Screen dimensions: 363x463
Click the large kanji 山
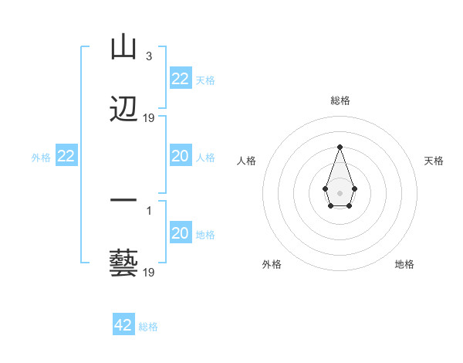(x=124, y=48)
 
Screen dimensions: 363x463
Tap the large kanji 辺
(x=124, y=110)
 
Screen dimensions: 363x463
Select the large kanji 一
(x=124, y=201)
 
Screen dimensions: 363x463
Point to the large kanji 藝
(x=124, y=263)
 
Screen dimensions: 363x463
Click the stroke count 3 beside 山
(x=148, y=56)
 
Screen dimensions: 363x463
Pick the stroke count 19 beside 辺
(x=149, y=118)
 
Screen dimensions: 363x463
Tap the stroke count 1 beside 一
(x=149, y=210)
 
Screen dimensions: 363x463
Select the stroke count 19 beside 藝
(x=149, y=272)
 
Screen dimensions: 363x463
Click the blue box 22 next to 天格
(x=180, y=79)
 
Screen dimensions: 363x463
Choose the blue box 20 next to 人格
(x=180, y=156)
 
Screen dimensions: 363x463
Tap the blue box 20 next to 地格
(x=180, y=233)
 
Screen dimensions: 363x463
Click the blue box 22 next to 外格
(x=66, y=156)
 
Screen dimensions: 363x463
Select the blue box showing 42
(x=123, y=325)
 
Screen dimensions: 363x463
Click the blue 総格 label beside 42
(x=148, y=327)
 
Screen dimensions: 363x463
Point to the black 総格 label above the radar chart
(x=340, y=100)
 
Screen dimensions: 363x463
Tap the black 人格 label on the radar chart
(x=246, y=161)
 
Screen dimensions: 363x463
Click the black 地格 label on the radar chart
(x=404, y=264)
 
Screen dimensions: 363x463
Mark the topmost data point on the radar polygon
(x=340, y=147)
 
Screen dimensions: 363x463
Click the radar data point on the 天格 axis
(x=354, y=188)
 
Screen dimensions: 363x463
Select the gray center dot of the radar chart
(x=340, y=192)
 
